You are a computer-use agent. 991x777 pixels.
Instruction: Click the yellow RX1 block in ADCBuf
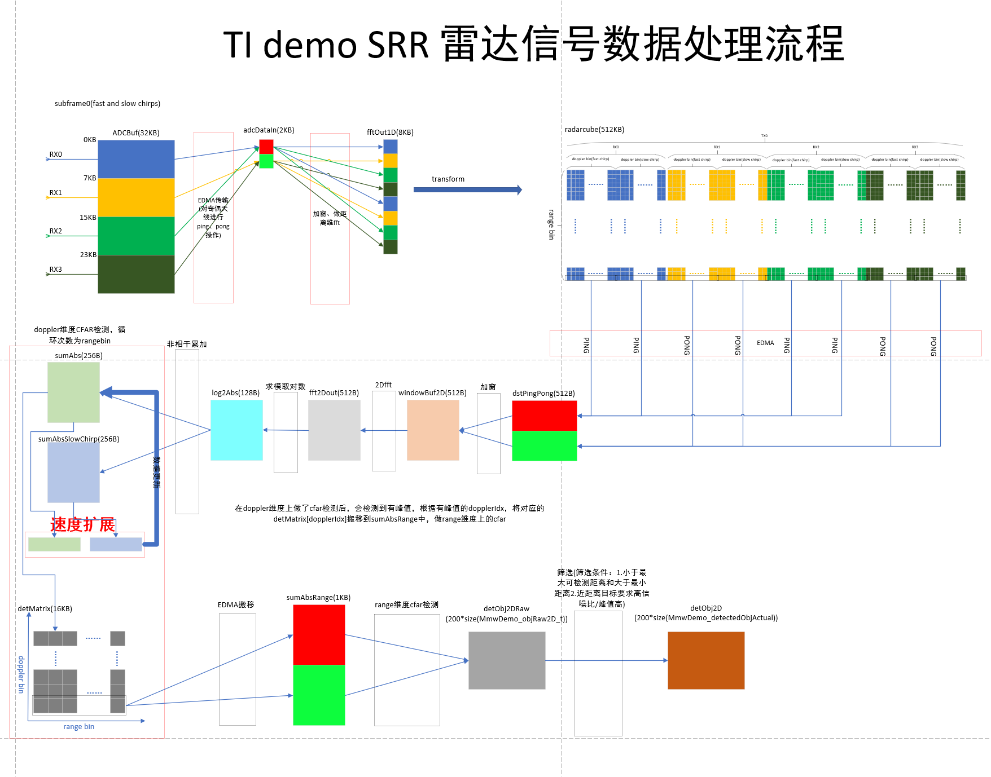point(136,197)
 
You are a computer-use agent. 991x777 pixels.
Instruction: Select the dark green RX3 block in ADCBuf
point(136,274)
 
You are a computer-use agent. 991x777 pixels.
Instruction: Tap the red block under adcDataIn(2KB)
point(266,147)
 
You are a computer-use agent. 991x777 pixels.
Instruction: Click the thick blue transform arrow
point(467,190)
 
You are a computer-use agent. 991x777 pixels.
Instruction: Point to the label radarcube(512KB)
point(594,130)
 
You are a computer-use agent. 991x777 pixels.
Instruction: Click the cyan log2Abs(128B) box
point(236,430)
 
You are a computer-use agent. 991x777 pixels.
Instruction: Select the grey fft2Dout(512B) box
point(334,430)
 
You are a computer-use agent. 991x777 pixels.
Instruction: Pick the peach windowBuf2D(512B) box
point(433,430)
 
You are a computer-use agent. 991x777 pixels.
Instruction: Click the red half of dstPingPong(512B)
point(544,416)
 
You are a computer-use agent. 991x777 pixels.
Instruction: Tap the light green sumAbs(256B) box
point(73,392)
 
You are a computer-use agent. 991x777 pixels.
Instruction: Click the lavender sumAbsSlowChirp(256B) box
point(73,473)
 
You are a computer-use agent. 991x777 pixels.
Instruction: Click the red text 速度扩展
point(83,524)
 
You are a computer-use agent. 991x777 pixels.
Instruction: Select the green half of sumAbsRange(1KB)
point(319,695)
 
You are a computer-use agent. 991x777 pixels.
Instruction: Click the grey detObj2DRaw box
point(507,660)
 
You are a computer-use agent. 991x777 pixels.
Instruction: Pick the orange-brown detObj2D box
point(706,660)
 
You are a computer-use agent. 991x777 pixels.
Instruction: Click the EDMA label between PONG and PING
point(765,343)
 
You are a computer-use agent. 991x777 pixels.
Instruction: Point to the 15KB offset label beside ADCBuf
point(88,218)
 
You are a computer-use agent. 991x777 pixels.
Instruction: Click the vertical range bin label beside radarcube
point(552,224)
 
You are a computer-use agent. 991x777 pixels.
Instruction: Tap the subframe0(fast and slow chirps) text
point(107,104)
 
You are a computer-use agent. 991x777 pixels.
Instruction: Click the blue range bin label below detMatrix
point(78,727)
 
